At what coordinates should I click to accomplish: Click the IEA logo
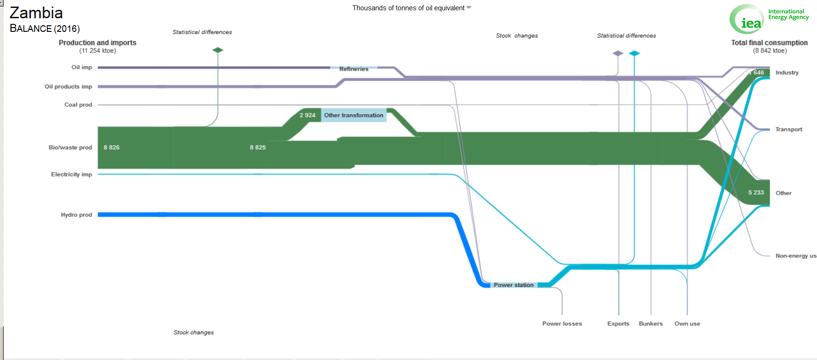pos(747,19)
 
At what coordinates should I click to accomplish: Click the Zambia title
pos(36,13)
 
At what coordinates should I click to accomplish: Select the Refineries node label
pos(354,69)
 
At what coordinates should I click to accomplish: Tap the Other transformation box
pos(354,115)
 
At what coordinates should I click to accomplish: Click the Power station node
pos(513,285)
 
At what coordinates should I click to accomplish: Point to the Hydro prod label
pos(76,215)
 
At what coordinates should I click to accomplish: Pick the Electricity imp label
pos(72,175)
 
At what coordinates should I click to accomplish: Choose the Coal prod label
pos(78,105)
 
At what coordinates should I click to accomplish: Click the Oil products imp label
pos(68,87)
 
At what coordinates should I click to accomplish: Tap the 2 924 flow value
pos(307,115)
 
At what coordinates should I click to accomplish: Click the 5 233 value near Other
pos(756,192)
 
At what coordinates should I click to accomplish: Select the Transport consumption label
pos(788,129)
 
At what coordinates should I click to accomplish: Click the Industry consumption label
pos(787,73)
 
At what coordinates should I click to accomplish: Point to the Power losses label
pos(562,323)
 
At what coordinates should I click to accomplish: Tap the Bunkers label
pos(650,323)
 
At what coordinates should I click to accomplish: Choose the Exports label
pos(618,323)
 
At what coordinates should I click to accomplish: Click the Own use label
pos(687,323)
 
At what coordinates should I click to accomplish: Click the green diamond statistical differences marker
pos(218,50)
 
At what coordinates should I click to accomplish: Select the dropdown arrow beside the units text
pos(469,8)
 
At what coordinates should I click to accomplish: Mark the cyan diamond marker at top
pos(634,53)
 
